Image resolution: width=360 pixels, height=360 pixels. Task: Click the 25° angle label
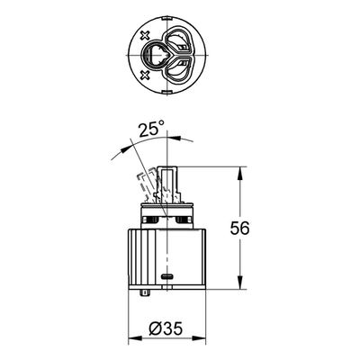[x=152, y=130]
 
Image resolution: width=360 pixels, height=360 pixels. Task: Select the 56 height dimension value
[x=239, y=229]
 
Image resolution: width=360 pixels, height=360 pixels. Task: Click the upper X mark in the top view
[x=145, y=36]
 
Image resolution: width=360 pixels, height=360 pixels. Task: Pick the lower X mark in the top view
[x=145, y=75]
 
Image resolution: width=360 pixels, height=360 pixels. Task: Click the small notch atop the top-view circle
[x=167, y=19]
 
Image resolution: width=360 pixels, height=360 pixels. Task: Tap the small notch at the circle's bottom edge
[x=167, y=92]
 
